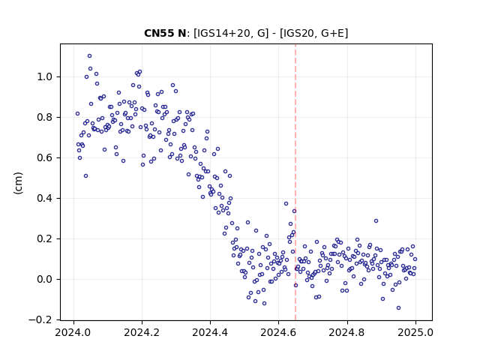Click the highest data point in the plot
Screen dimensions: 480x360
pos(89,56)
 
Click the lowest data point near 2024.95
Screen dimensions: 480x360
pos(398,308)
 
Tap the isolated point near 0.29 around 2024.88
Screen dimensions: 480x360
pos(376,221)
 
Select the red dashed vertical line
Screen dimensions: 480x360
pos(295,182)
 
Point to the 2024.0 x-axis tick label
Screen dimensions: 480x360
pos(73,332)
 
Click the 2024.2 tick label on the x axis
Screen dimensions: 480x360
pos(142,332)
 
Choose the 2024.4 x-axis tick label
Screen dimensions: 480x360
pos(210,332)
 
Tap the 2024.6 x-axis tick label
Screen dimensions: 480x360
pos(278,332)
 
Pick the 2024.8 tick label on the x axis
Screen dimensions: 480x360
pos(346,332)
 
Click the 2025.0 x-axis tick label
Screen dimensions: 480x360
pos(415,332)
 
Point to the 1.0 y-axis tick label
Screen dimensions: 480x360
pos(45,76)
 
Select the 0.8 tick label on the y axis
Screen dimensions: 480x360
pos(45,118)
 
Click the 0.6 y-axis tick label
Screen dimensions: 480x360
pos(45,158)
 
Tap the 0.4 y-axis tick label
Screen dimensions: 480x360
pos(45,198)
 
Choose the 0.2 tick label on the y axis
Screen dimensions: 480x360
pos(45,239)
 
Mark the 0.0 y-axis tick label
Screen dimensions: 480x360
pos(45,280)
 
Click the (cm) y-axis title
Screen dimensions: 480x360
pos(18,183)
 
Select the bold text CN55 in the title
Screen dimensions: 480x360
pos(159,33)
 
